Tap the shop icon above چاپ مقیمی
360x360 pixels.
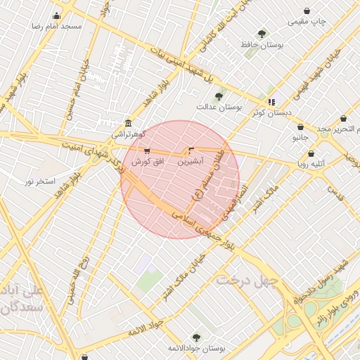307,11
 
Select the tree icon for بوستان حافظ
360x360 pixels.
262,34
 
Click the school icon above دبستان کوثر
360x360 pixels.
271,102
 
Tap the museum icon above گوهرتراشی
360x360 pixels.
127,122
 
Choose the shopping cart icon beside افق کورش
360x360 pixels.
146,150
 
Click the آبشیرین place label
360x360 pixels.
191,161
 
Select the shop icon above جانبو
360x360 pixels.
301,127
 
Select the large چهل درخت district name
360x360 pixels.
247,281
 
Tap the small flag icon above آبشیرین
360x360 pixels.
191,150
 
